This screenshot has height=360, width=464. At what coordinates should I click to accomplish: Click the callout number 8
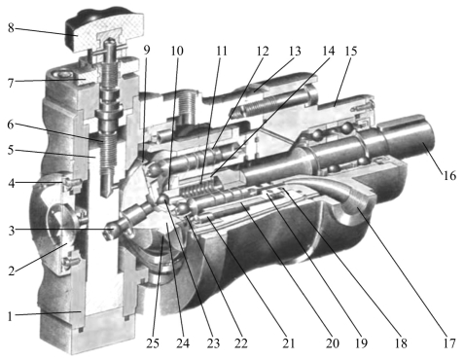[11, 28]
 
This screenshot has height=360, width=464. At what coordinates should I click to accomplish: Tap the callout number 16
[449, 175]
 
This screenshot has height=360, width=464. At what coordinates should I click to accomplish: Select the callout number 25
[153, 343]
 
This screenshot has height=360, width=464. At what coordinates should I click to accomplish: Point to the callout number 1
[10, 316]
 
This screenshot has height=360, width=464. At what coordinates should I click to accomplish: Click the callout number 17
[449, 343]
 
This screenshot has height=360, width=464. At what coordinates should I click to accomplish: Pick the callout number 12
[263, 51]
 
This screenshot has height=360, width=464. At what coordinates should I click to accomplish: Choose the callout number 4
[12, 184]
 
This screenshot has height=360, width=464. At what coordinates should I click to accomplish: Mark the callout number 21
[288, 343]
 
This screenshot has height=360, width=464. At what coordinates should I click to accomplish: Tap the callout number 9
[147, 50]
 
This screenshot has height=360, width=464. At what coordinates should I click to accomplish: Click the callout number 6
[11, 125]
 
